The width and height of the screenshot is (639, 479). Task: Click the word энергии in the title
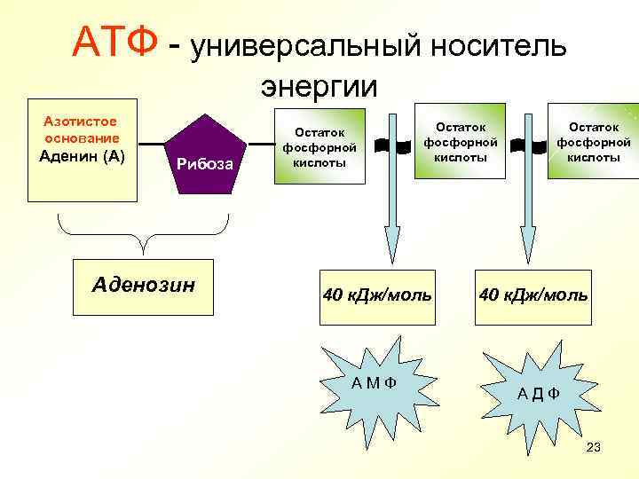pos(319,87)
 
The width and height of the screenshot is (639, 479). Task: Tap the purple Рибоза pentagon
pos(205,154)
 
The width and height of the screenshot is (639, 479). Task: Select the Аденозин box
pos(144,287)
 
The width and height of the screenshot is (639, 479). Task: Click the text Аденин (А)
pos(83,157)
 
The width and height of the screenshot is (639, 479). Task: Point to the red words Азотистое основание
pos(83,130)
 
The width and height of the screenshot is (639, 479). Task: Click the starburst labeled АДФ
pos(539,388)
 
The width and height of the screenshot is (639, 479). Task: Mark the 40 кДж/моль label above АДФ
pos(532,294)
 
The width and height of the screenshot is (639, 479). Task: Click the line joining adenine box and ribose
pos(152,144)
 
